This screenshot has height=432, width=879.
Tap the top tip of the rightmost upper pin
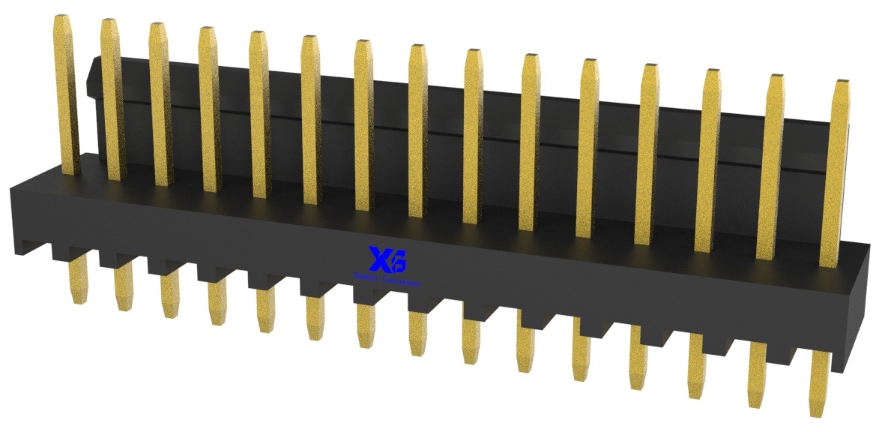[842, 81]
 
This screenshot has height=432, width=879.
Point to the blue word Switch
[366, 279]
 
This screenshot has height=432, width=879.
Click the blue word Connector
[402, 282]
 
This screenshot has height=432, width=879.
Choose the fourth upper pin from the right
[647, 154]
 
